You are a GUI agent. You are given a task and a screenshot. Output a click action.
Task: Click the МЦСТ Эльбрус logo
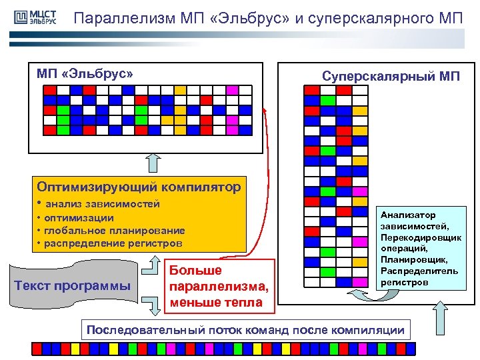[34, 17]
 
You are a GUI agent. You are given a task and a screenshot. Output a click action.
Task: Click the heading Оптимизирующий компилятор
[139, 187]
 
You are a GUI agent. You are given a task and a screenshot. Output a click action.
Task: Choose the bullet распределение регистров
[113, 243]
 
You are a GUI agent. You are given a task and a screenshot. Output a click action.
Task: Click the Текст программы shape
[72, 287]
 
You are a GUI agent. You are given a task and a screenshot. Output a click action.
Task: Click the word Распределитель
[419, 271]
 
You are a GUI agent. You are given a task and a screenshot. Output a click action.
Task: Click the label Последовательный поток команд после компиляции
[246, 329]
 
